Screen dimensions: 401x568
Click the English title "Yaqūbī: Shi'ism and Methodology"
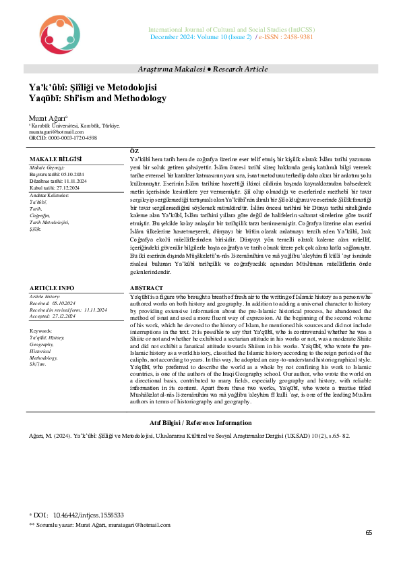(x=97, y=98)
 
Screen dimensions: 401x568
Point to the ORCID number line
(x=62, y=137)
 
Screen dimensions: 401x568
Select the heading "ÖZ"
(x=133, y=150)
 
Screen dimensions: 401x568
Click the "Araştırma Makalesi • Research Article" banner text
(x=202, y=69)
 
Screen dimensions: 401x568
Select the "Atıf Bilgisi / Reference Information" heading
(x=200, y=423)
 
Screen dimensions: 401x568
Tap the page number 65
(x=369, y=533)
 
